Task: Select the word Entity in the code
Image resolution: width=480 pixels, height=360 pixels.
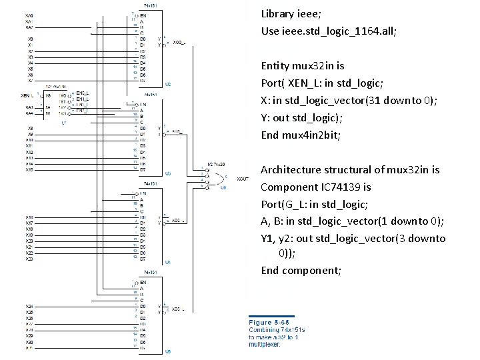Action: (275, 65)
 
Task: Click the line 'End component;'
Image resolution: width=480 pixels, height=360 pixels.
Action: (301, 270)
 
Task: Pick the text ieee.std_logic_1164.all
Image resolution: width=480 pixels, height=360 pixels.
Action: (338, 31)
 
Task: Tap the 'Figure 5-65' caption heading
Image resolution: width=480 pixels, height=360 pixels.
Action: (269, 322)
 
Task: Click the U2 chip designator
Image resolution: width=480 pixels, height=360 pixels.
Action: (168, 84)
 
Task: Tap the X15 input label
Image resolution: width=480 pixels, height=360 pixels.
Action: (29, 170)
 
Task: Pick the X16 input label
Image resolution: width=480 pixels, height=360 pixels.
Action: (29, 218)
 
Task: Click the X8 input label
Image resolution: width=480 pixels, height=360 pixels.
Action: (29, 128)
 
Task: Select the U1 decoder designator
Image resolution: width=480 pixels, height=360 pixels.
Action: (64, 123)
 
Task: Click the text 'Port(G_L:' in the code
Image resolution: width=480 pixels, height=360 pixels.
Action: (285, 204)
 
